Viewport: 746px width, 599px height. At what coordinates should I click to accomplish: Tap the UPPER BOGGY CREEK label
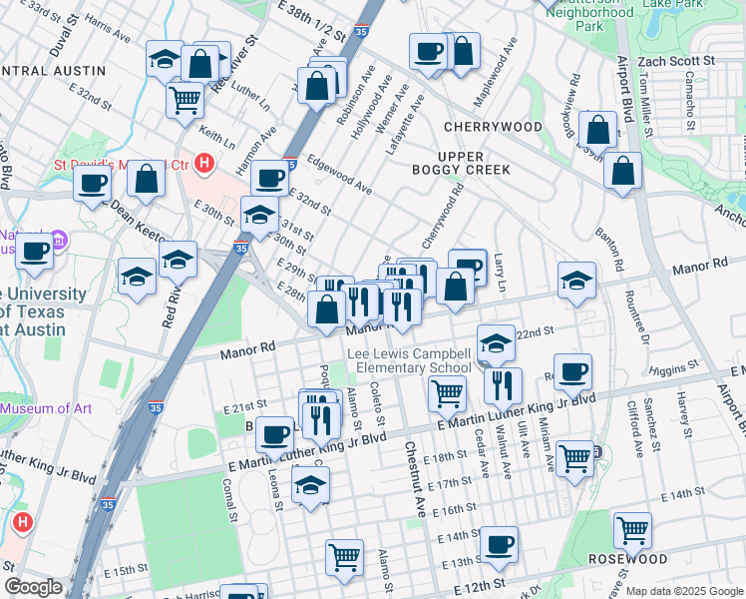pyautogui.click(x=461, y=163)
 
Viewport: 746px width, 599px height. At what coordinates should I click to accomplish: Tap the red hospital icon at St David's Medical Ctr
pyautogui.click(x=204, y=162)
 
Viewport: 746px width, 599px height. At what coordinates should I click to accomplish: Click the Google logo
pyautogui.click(x=33, y=587)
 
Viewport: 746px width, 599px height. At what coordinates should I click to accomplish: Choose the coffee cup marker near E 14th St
pyautogui.click(x=499, y=544)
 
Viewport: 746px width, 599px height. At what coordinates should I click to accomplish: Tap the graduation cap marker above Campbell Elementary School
pyautogui.click(x=495, y=342)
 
